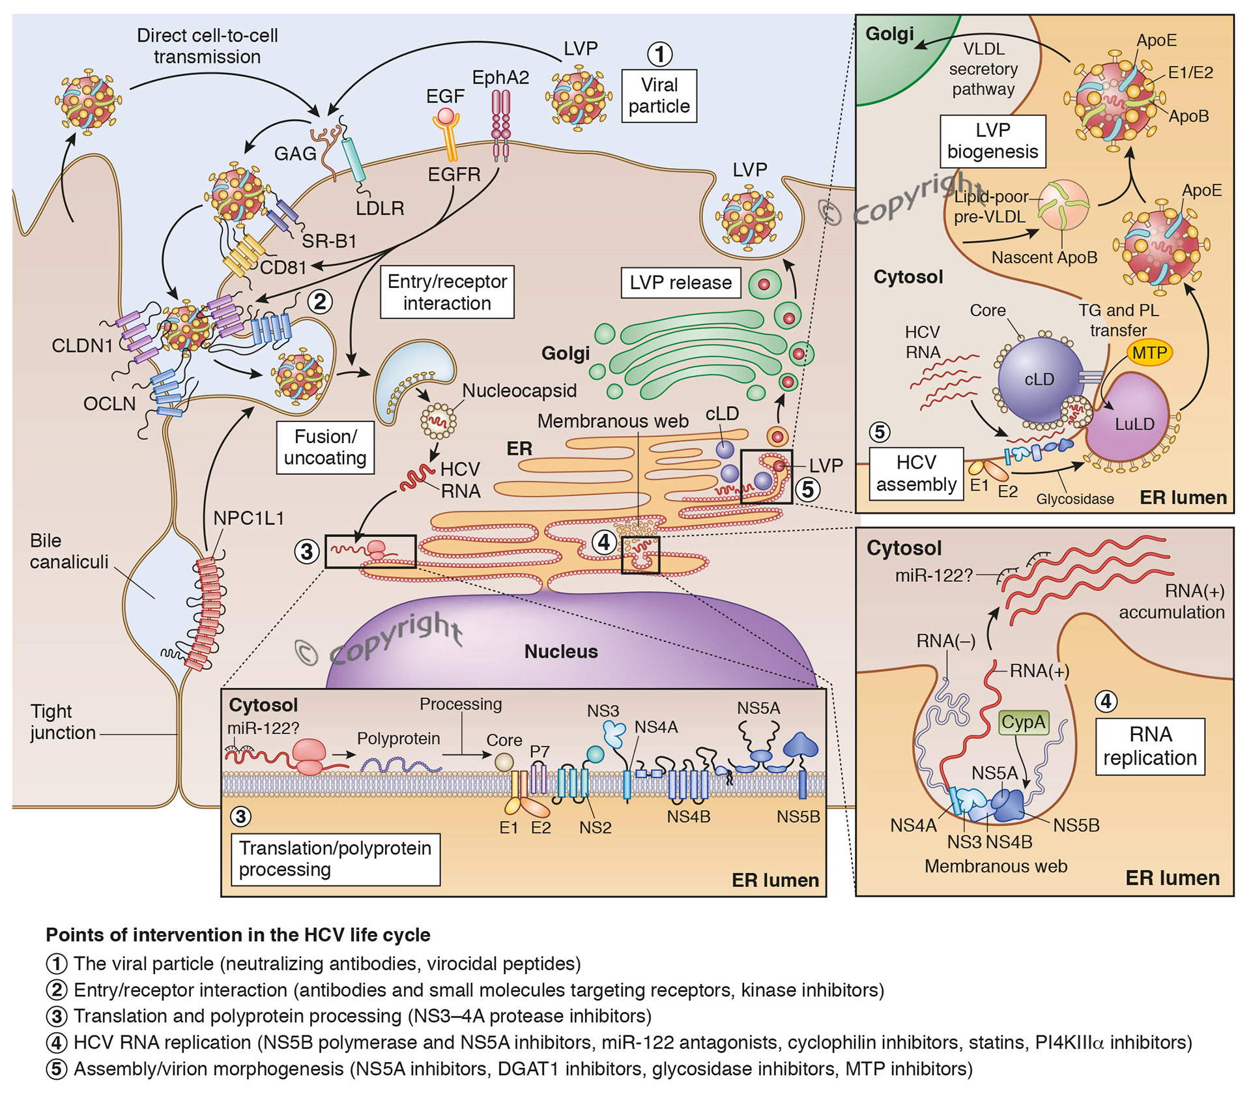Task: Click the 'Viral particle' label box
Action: tap(659, 96)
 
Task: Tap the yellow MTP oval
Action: tap(1149, 353)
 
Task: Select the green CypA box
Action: tap(1023, 722)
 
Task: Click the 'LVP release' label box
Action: tap(680, 283)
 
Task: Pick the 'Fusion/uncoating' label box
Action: tap(325, 447)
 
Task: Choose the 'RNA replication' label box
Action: tap(1150, 746)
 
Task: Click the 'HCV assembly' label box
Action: tap(915, 474)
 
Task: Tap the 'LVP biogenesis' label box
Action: tap(992, 141)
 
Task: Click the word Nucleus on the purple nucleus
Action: tap(561, 652)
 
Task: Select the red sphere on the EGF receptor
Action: tap(446, 116)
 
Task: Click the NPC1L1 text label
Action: tap(248, 519)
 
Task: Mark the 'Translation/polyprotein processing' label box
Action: tap(335, 859)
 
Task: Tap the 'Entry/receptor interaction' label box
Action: tap(447, 292)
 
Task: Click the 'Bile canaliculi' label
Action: tap(68, 551)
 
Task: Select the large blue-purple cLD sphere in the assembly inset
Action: tap(1039, 379)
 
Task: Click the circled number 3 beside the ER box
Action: tap(306, 552)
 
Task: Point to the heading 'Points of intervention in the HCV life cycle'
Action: tap(238, 935)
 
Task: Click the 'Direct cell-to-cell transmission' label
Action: tap(207, 46)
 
